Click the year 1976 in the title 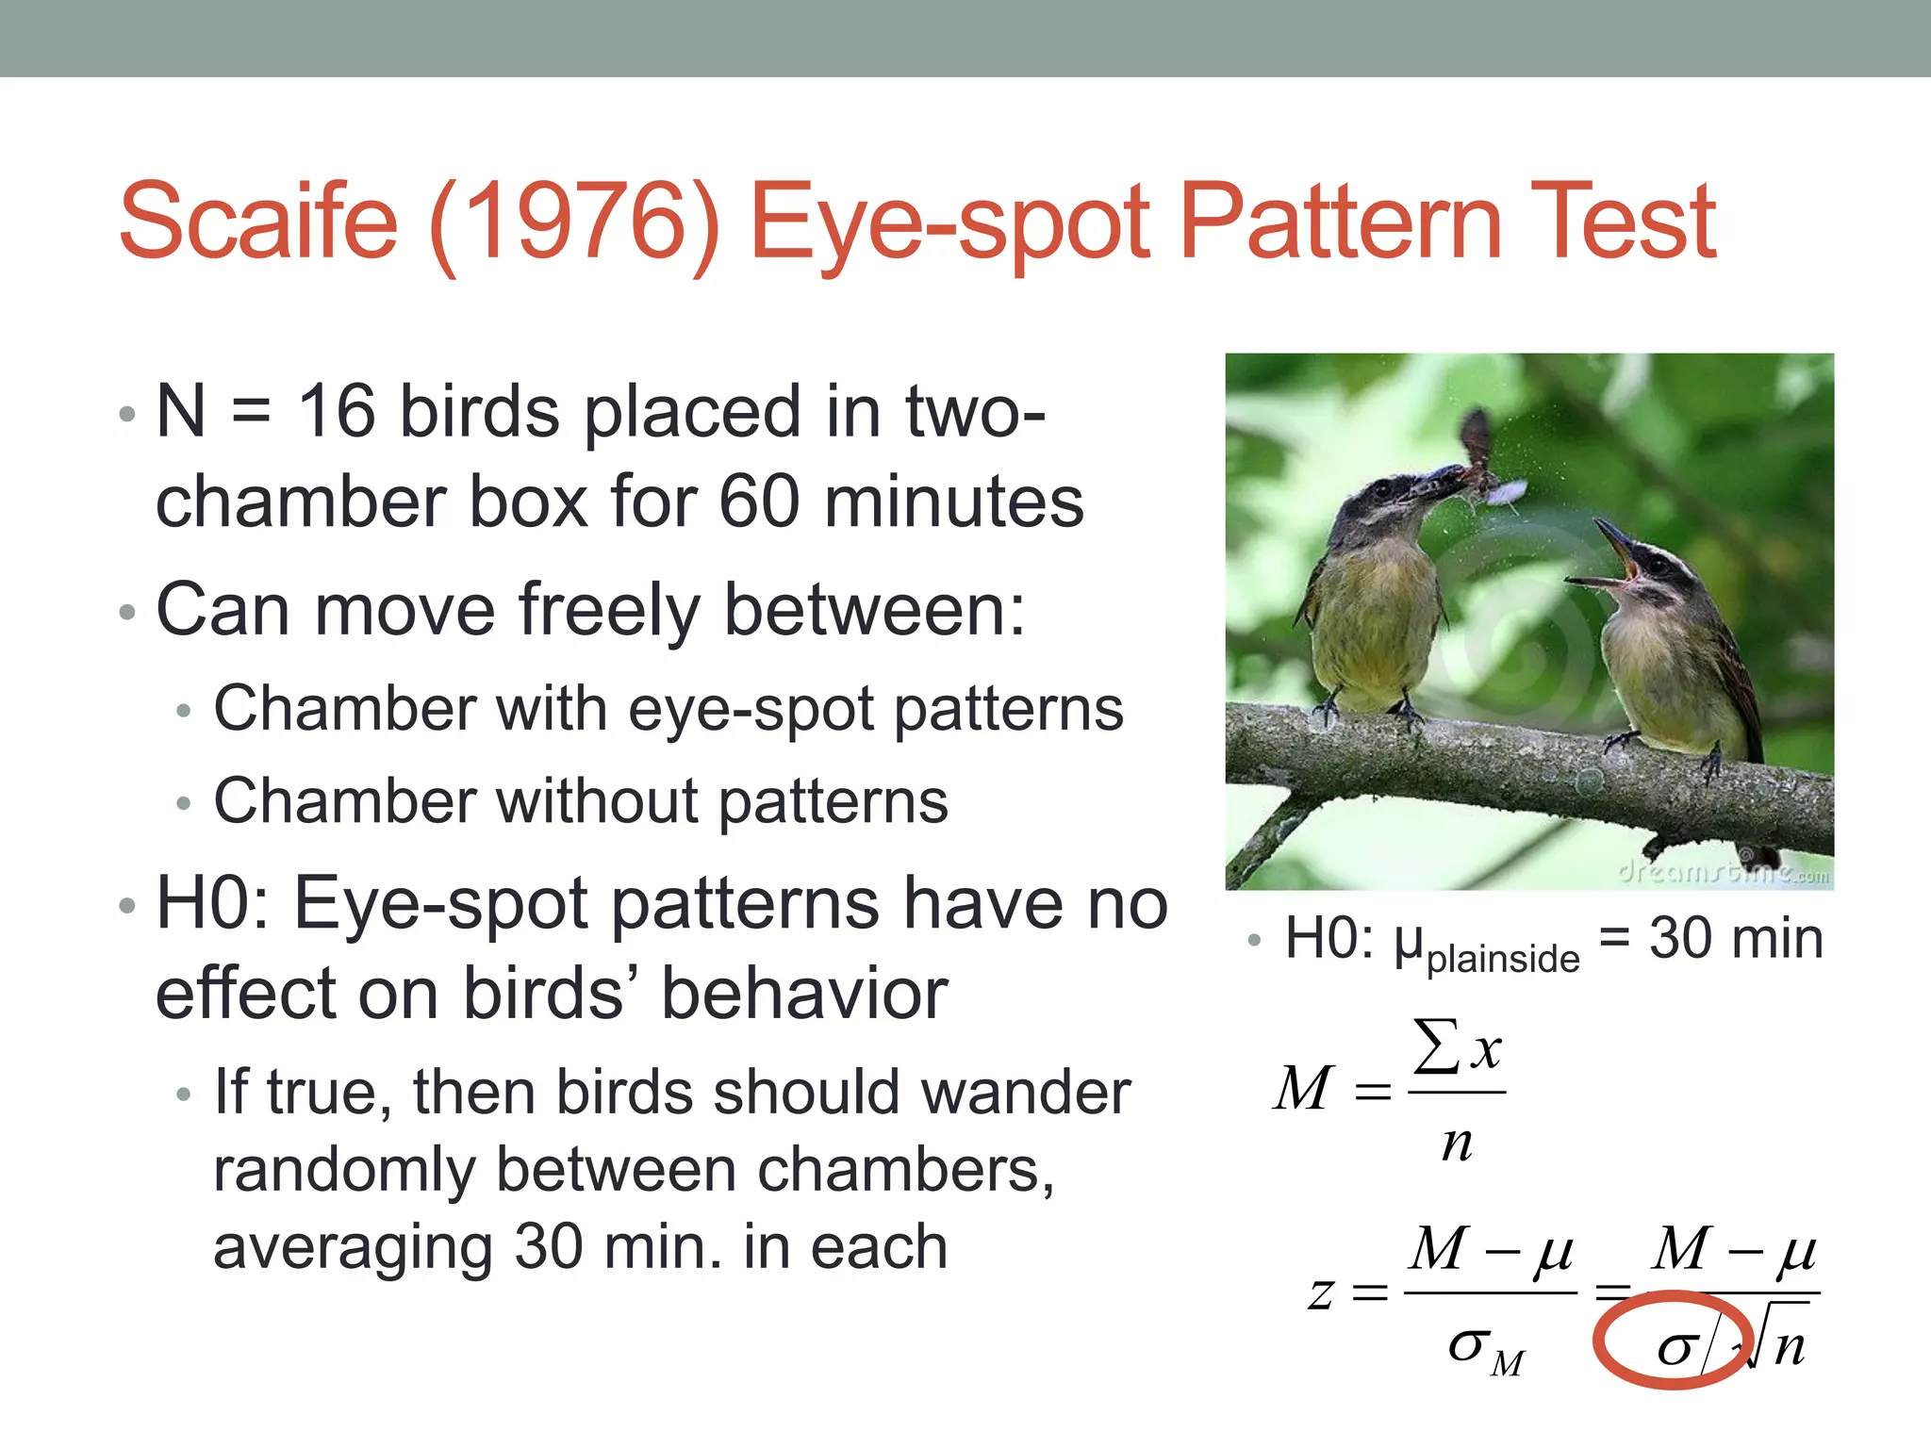tap(574, 222)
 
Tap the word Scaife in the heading tap(259, 222)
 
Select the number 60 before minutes tap(759, 502)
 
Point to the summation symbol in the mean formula tap(1435, 1046)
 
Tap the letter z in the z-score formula tap(1321, 1292)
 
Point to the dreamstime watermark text tap(1722, 872)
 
